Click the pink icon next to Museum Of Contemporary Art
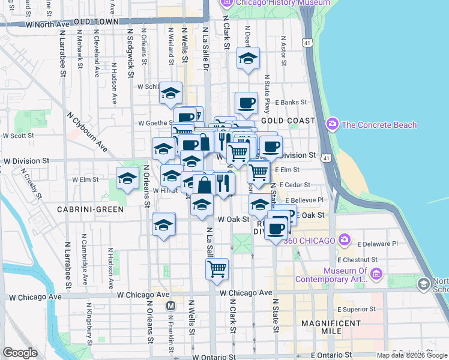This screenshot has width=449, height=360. click(376, 274)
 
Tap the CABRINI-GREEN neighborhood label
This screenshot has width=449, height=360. click(90, 209)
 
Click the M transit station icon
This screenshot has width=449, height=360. click(170, 305)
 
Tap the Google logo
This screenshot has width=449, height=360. click(20, 353)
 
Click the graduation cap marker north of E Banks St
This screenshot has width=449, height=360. click(247, 58)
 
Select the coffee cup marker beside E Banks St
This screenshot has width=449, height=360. click(246, 103)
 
